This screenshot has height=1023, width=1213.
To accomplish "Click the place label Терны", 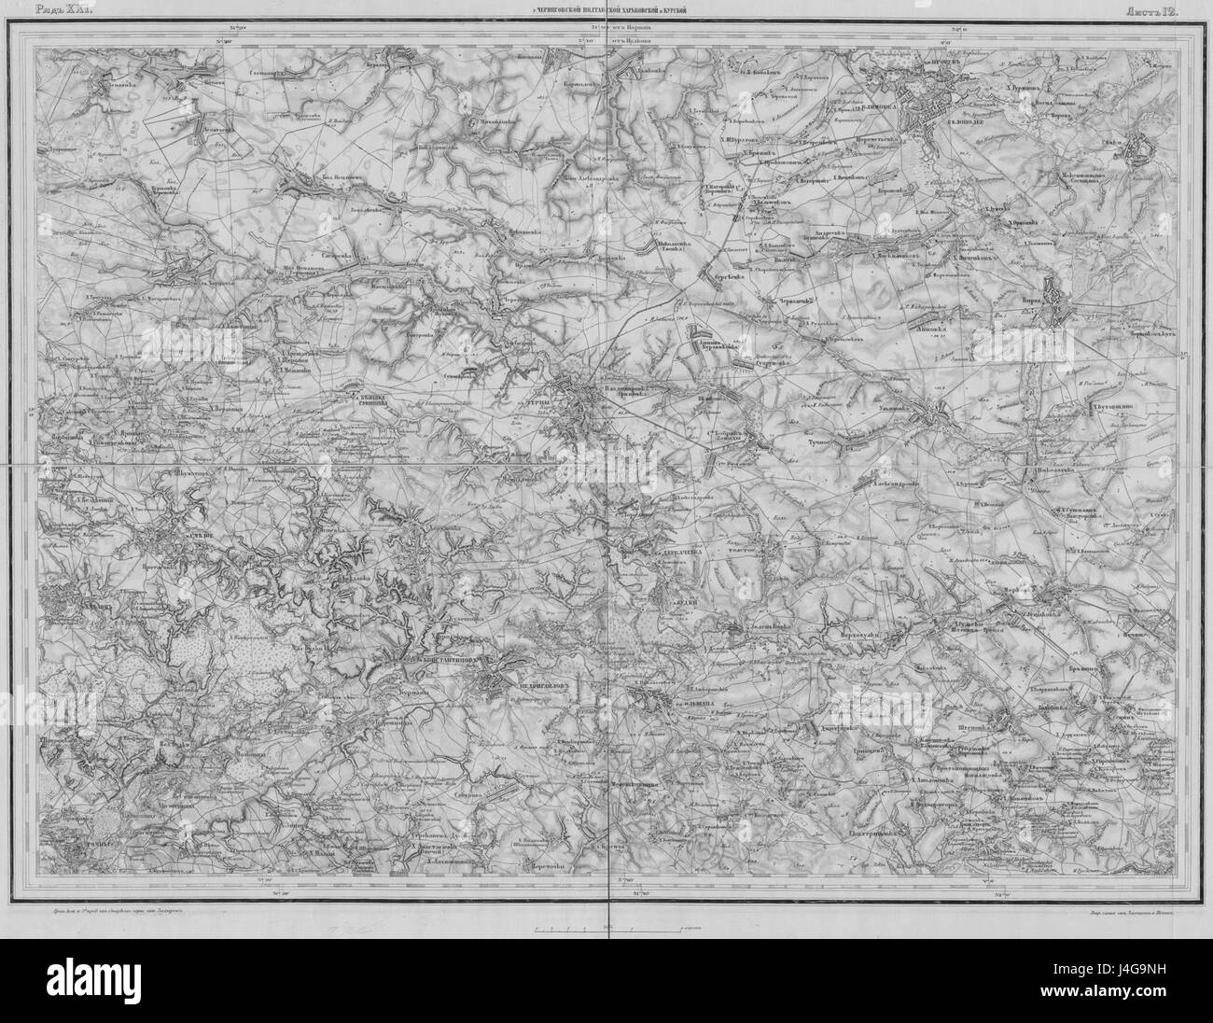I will coord(539,400).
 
